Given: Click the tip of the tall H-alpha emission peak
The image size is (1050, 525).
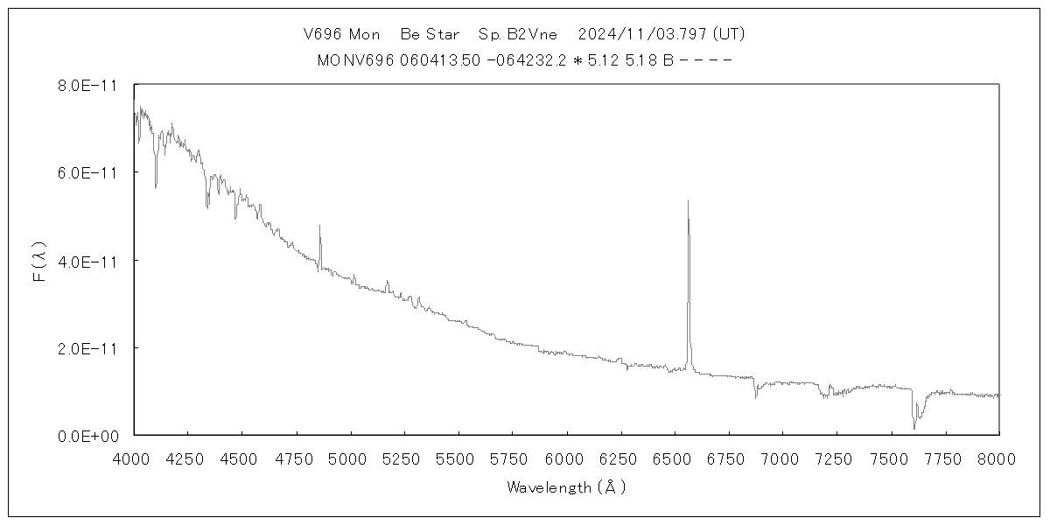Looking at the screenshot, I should [x=688, y=201].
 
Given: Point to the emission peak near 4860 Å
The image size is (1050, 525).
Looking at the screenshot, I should [x=319, y=226].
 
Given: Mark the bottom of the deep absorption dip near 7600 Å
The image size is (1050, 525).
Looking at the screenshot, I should [x=914, y=428].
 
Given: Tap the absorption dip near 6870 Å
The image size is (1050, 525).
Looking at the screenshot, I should [x=755, y=397].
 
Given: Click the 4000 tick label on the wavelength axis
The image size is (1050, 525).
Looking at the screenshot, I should [x=134, y=456].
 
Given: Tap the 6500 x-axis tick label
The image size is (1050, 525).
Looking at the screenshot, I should [x=675, y=456].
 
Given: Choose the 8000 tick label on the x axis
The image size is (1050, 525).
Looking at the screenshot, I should [x=999, y=456].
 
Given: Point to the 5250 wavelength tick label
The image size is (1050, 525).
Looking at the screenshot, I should [x=404, y=456].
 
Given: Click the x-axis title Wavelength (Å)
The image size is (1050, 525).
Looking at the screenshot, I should [x=566, y=488].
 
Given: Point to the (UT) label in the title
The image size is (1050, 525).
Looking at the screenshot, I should [x=729, y=35].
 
